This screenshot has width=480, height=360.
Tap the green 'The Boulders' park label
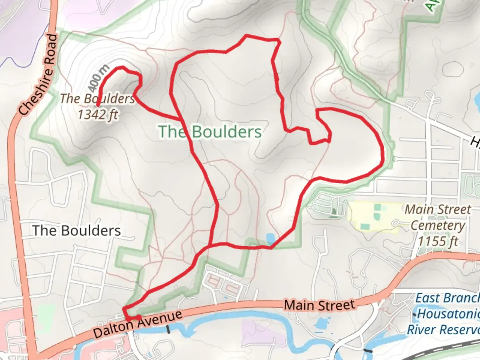210,132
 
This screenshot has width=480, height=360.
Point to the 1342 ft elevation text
98,114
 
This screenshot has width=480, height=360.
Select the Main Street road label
319,305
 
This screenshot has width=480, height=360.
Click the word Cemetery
437,225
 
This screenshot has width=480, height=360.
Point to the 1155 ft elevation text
438,241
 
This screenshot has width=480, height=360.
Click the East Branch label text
447,298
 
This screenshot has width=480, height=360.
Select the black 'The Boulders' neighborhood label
77,231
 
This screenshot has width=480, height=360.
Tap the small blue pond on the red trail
271,239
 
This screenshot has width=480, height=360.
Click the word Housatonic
448,314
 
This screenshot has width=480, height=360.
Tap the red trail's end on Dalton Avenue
139,317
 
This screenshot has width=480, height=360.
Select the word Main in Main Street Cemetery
417,210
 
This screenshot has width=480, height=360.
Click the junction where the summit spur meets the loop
181,119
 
